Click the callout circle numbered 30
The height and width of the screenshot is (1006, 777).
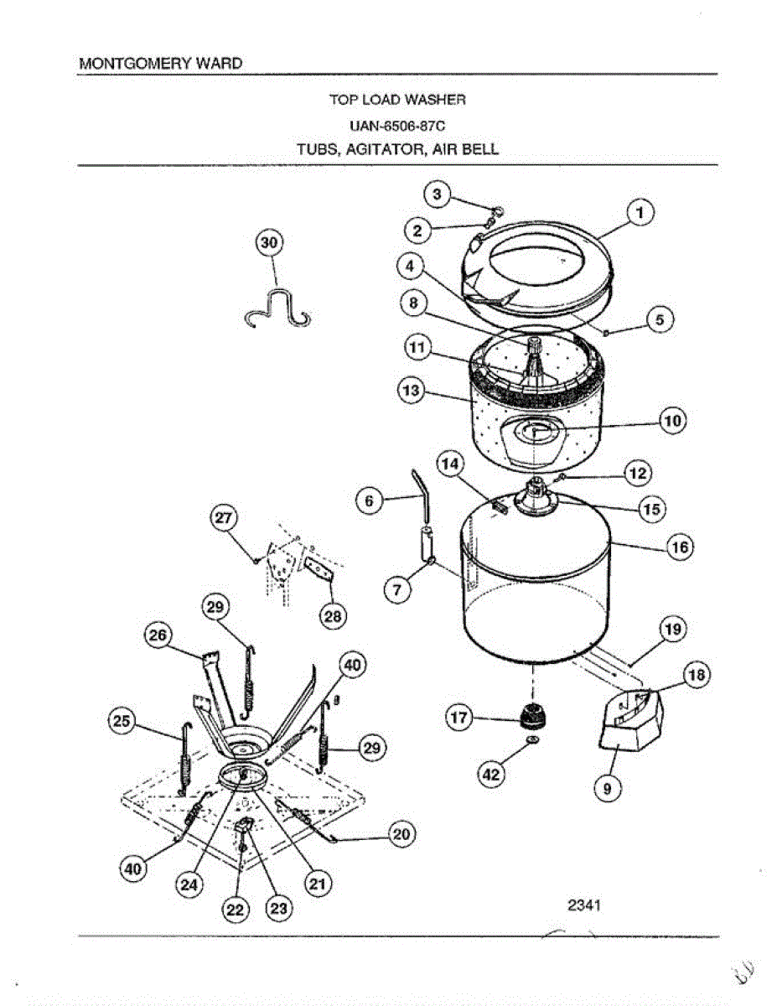tap(269, 243)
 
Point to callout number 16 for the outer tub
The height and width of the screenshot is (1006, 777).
tap(678, 547)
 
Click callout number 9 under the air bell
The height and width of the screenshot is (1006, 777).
tap(608, 787)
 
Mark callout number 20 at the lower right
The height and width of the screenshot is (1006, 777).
tap(401, 834)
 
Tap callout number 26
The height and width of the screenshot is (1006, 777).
tap(158, 637)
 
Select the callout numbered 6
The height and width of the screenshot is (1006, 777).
tap(370, 500)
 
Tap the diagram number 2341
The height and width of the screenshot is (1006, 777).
tap(586, 905)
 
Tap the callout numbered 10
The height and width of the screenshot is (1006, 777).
tap(674, 421)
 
